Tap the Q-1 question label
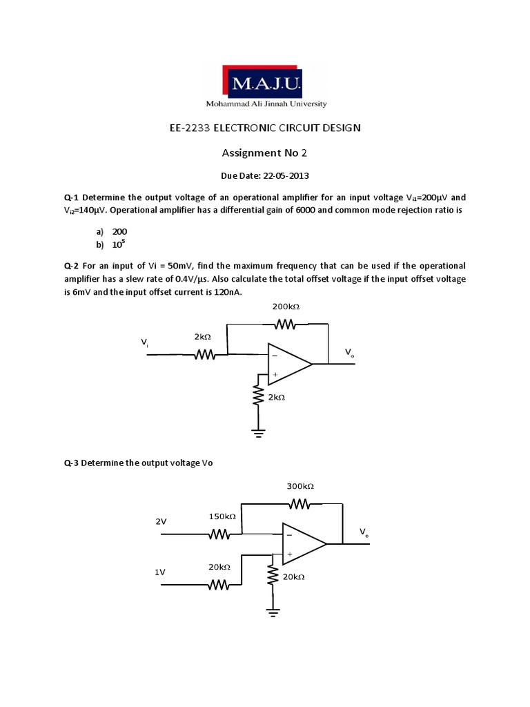tap(71, 198)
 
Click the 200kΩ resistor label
tap(286, 306)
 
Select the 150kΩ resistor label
tap(222, 516)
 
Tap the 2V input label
tap(161, 522)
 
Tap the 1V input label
tap(160, 572)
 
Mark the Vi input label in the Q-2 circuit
tap(144, 342)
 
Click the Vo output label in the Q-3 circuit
tap(364, 532)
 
